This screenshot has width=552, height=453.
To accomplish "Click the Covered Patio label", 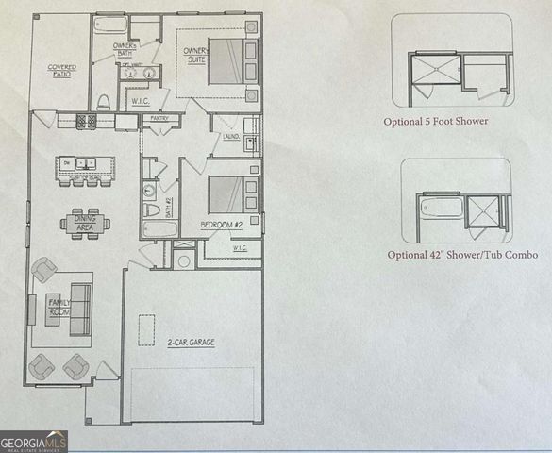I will pyautogui.click(x=62, y=71).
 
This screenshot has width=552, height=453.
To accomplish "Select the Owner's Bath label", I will pyautogui.click(x=125, y=50).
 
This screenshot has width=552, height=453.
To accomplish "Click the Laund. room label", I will pyautogui.click(x=229, y=137).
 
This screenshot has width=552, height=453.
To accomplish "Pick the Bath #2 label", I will pyautogui.click(x=168, y=206).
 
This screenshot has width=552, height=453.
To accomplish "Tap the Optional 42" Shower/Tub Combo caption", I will pyautogui.click(x=448, y=255).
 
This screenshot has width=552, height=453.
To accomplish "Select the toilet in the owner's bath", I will pyautogui.click(x=103, y=102).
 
